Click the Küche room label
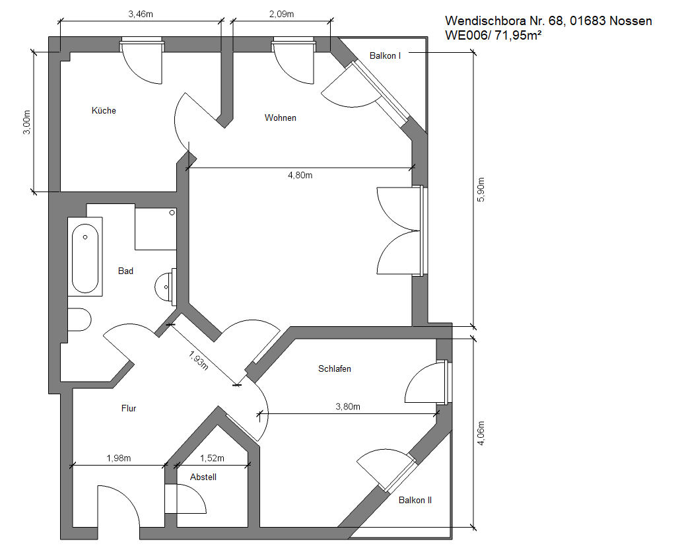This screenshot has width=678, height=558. point(104,110)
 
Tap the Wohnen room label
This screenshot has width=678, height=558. point(280,118)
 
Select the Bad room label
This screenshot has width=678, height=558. point(125,271)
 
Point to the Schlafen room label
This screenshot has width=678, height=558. point(334,368)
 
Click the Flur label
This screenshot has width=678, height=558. point(129,408)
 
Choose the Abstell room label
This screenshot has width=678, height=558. point(203,477)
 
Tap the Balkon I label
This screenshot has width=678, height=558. point(385,55)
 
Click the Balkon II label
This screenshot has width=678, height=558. point(415,500)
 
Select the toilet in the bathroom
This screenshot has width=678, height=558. point(79,320)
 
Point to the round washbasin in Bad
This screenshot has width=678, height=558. point(165,287)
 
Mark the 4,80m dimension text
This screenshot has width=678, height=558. point(300,175)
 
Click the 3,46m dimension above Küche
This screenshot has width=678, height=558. point(141,14)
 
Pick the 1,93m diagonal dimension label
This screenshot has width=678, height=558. point(199,361)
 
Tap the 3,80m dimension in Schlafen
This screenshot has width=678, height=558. point(348,407)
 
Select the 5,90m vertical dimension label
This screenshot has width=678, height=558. point(481,190)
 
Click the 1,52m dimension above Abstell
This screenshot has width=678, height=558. point(212,458)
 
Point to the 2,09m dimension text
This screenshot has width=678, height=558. point(281,14)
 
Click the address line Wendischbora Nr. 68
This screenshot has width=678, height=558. point(549,20)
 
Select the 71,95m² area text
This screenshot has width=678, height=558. point(518,35)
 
